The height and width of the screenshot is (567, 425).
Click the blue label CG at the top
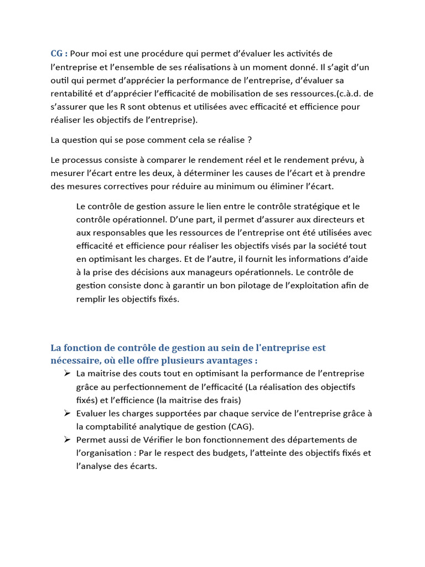(x=57, y=54)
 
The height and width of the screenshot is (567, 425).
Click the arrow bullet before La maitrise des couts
(x=66, y=373)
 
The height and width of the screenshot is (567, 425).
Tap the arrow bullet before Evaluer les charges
(x=66, y=413)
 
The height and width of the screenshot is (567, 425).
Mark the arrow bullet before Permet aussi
(x=66, y=440)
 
